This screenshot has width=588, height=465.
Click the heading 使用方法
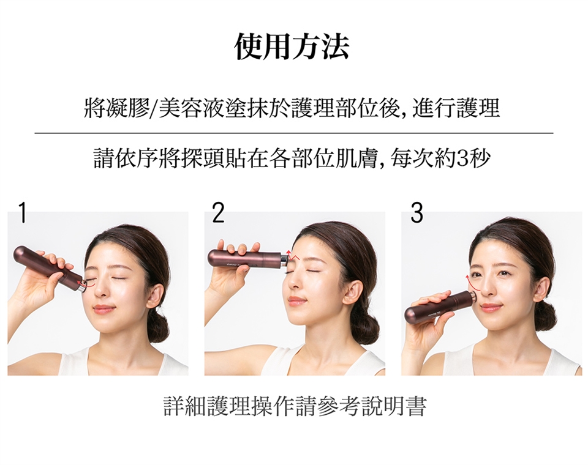[x=292, y=47]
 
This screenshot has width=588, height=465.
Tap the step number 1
[x=23, y=212]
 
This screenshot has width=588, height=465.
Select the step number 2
[x=218, y=212]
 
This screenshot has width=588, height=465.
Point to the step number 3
[x=417, y=212]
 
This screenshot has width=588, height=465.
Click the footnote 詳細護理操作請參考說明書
[x=295, y=406]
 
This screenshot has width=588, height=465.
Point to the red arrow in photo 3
[x=468, y=283]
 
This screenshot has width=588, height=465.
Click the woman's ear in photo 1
[x=155, y=292]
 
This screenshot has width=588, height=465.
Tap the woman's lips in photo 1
[x=104, y=309]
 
